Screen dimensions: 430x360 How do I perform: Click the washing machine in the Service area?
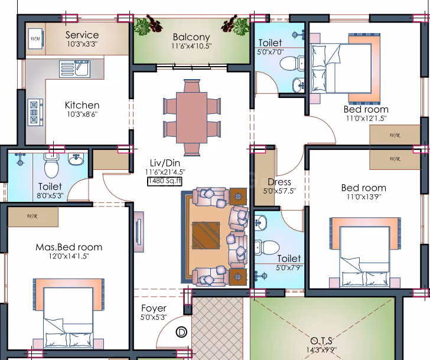pos(35,38)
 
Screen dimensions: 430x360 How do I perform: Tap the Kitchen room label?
pos(82,105)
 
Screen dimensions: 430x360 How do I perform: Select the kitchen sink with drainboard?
pos(74,69)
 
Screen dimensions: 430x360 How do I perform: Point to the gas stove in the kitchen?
pos(35,112)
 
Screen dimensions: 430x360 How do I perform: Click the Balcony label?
pos(191,37)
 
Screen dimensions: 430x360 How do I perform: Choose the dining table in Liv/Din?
pos(192,117)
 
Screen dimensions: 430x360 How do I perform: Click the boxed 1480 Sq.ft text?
pos(165,181)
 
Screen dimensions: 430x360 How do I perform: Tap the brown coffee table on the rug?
pos(206,235)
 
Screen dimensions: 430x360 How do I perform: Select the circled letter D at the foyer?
pos(181,332)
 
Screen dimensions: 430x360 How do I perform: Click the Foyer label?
pos(154,308)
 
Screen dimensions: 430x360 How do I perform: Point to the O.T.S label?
pos(321,341)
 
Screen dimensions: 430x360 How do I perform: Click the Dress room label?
pos(279,182)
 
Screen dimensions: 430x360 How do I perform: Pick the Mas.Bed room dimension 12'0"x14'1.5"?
pos(69,256)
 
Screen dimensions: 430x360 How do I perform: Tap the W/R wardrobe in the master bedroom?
pos(33,217)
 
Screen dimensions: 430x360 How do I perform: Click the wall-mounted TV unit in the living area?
pos(139,232)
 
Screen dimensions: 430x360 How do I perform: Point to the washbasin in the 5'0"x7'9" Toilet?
pos(260,221)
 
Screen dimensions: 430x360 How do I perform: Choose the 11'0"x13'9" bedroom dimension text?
pos(364,197)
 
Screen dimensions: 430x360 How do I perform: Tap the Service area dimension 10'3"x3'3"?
pos(82,44)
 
